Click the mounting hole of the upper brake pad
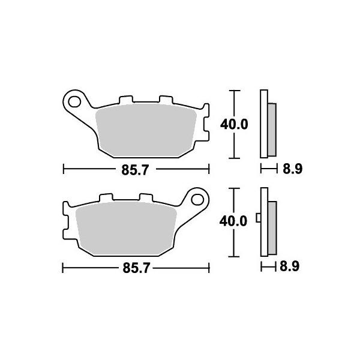74,102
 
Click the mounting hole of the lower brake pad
197,200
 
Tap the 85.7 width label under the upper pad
136,170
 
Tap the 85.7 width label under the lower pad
136,268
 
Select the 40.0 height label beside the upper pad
234,124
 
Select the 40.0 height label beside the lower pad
233,221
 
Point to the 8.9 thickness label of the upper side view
293,169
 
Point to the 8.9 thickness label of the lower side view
290,266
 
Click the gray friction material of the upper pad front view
146,130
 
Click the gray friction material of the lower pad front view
126,229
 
